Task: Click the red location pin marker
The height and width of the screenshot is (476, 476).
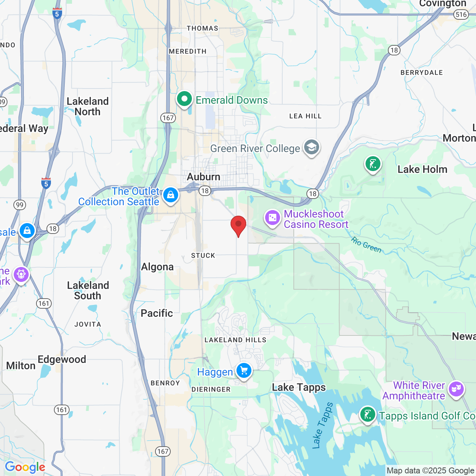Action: pyautogui.click(x=238, y=225)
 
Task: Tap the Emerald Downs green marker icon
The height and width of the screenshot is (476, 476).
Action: pyautogui.click(x=184, y=99)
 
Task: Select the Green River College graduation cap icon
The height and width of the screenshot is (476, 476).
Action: pyautogui.click(x=311, y=148)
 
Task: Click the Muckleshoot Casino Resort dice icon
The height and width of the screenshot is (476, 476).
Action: pyautogui.click(x=272, y=218)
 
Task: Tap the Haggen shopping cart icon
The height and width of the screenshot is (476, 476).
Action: pyautogui.click(x=244, y=371)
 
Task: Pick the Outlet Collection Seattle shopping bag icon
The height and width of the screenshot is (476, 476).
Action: pyautogui.click(x=171, y=194)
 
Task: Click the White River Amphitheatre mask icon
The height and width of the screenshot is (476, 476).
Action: pyautogui.click(x=456, y=389)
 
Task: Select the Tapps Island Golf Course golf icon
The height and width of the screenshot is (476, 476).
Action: pyautogui.click(x=367, y=414)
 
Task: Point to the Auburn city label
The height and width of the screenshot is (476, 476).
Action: pyautogui.click(x=203, y=177)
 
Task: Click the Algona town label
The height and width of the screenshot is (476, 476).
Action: pyautogui.click(x=157, y=267)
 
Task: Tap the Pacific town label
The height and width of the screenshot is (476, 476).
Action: pyautogui.click(x=157, y=313)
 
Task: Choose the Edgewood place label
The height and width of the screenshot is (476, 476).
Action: pyautogui.click(x=62, y=359)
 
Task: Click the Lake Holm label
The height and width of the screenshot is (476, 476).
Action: pyautogui.click(x=422, y=170)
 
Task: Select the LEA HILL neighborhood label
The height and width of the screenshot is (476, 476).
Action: pyautogui.click(x=305, y=116)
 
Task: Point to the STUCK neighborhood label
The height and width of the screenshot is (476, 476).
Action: pyautogui.click(x=203, y=255)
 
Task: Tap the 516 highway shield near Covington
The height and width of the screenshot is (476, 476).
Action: pyautogui.click(x=461, y=15)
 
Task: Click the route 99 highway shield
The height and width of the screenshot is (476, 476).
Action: pyautogui.click(x=19, y=205)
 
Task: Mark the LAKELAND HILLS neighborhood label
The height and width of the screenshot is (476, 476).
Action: pyautogui.click(x=235, y=340)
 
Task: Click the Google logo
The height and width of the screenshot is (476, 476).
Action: pyautogui.click(x=25, y=467)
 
